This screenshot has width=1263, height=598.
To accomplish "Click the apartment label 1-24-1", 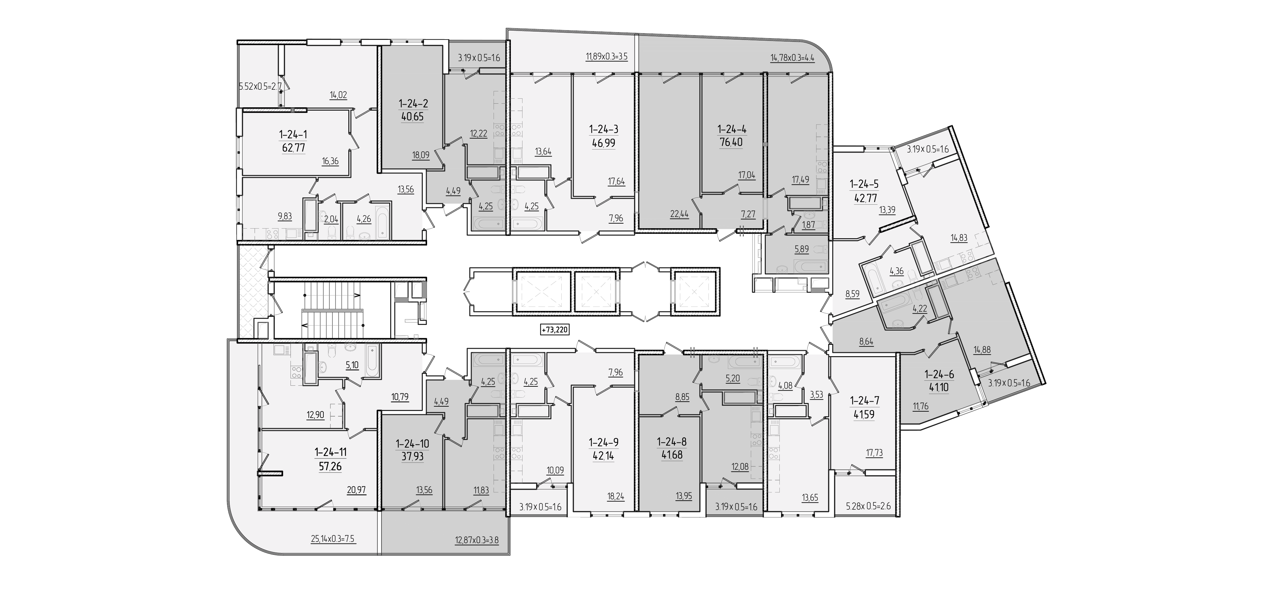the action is click(x=293, y=134).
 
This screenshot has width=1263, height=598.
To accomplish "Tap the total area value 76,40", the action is click(x=731, y=143).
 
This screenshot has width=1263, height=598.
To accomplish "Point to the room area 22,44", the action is click(x=679, y=214).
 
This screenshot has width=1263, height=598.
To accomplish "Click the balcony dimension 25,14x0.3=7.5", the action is click(x=333, y=539).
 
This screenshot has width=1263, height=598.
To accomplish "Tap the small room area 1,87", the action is click(x=809, y=225).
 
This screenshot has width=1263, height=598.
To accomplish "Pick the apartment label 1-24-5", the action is click(x=864, y=184).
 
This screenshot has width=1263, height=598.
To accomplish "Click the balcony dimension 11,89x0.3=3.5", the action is click(x=607, y=56).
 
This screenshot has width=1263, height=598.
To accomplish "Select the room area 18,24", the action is click(x=616, y=496).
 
